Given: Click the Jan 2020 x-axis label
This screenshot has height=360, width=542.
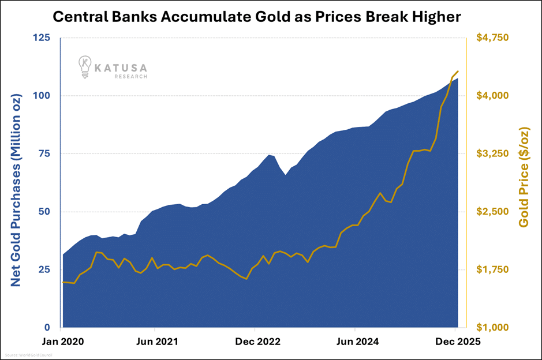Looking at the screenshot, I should pyautogui.click(x=63, y=342).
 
